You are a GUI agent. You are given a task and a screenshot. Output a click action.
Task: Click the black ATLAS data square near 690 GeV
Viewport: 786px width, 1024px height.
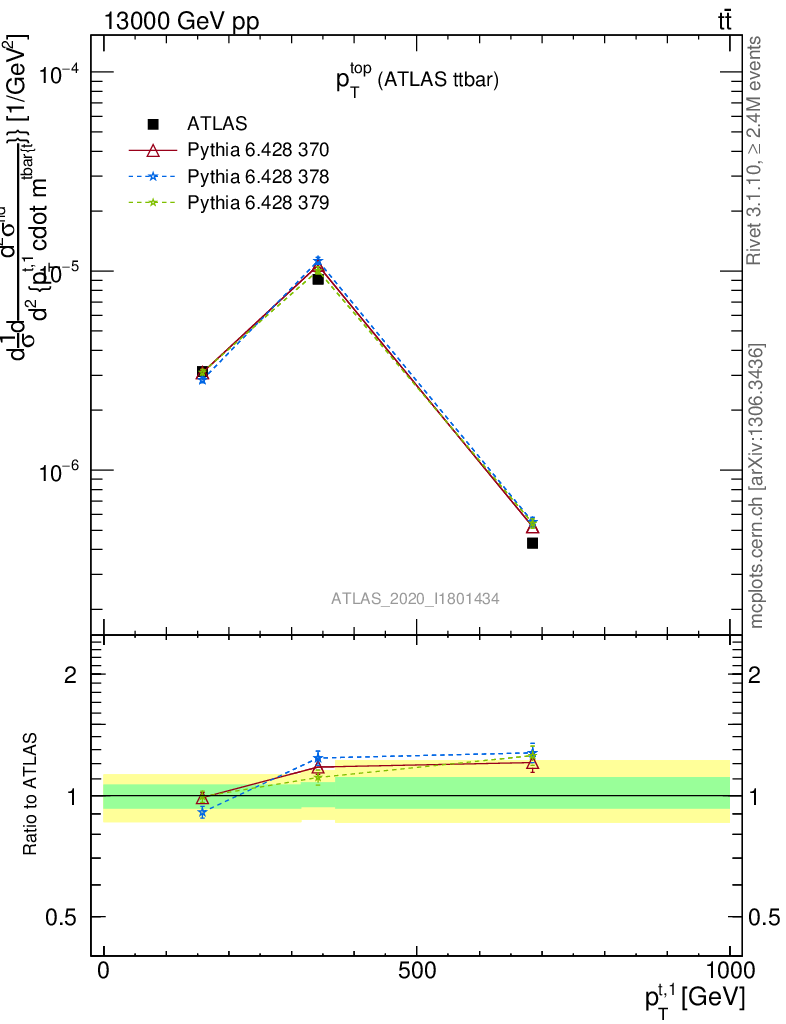coord(532,543)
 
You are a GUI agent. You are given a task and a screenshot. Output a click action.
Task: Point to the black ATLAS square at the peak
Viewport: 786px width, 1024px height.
coord(318,279)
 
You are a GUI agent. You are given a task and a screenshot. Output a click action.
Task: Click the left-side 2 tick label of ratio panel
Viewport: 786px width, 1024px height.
coord(72,675)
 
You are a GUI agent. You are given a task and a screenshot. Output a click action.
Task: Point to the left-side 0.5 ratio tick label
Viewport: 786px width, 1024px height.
coord(63,917)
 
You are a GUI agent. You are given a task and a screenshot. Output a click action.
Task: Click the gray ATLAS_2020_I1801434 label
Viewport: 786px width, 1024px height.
coord(416,598)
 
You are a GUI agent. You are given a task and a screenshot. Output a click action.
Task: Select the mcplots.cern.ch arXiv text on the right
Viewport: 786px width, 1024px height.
coord(757,486)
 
